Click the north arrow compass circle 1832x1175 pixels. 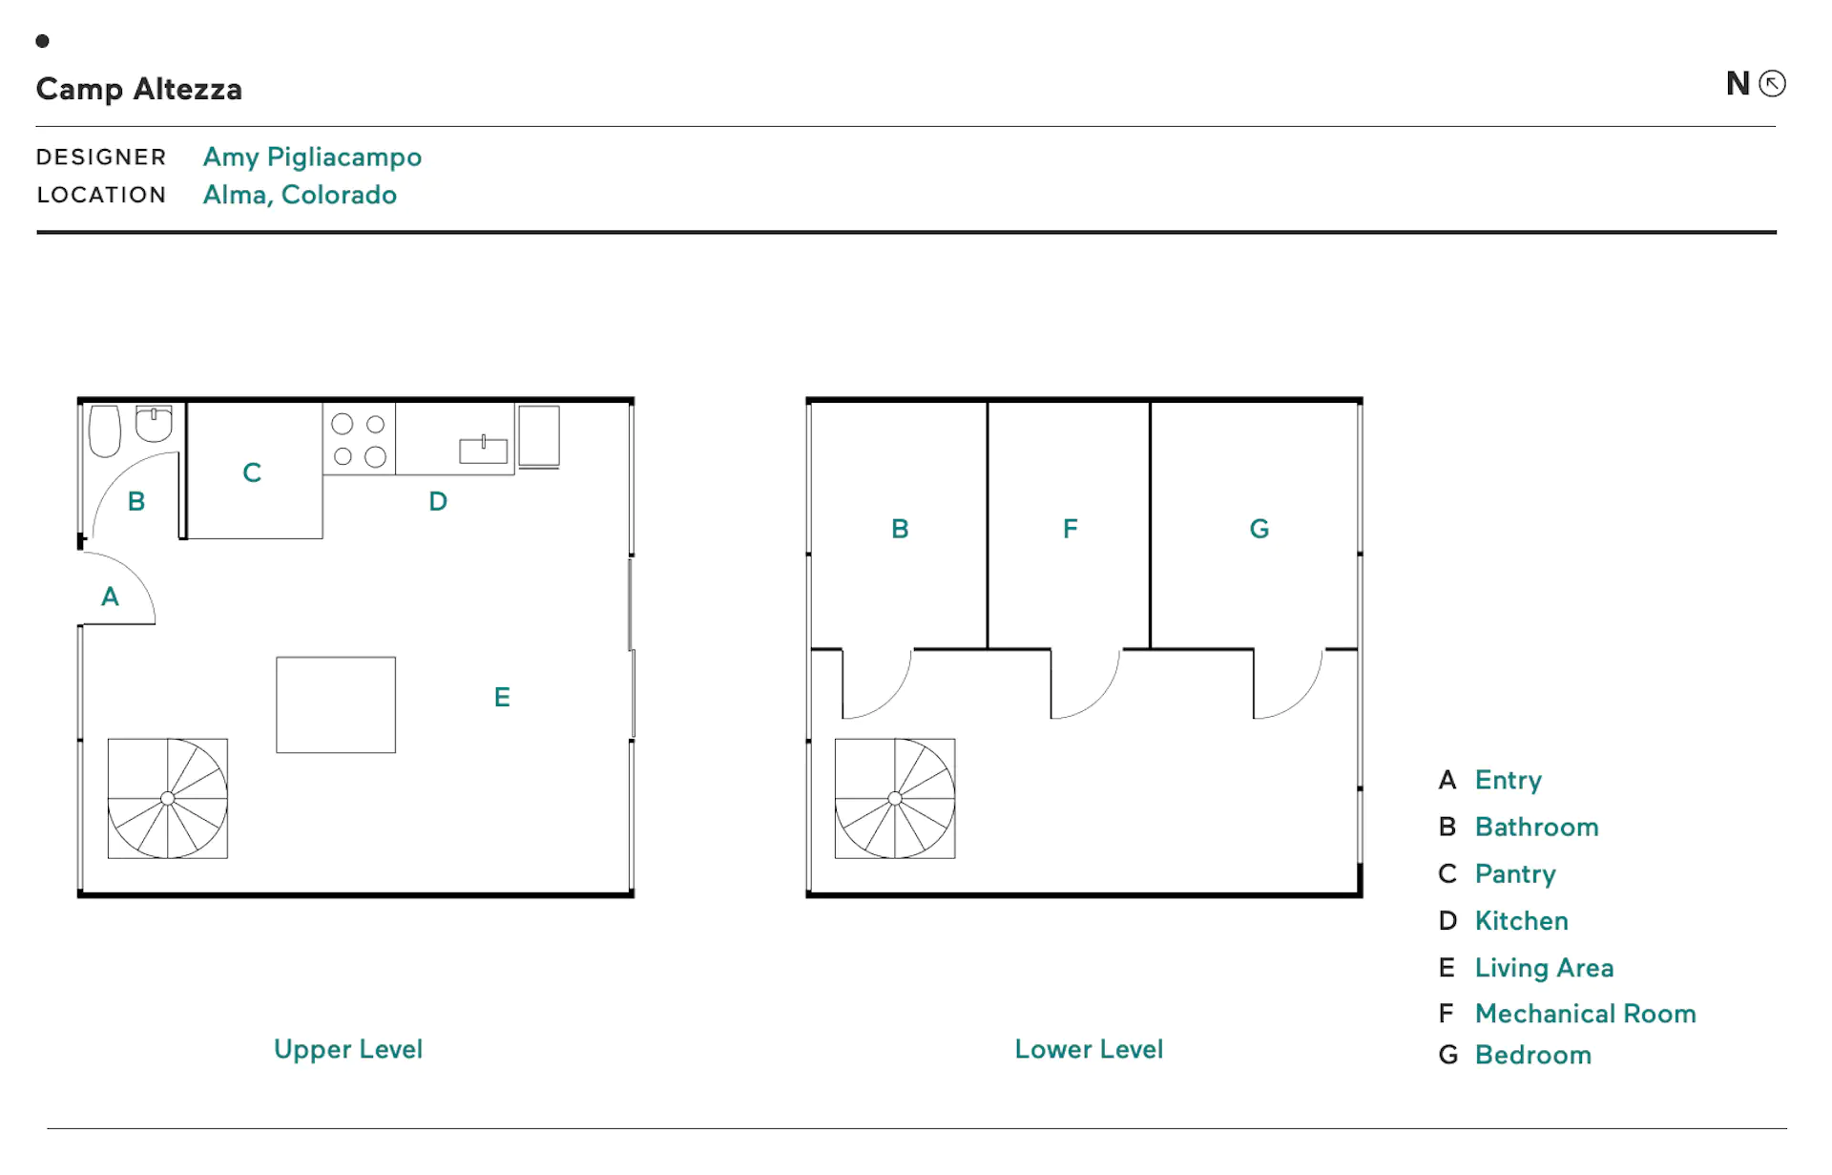tap(1772, 84)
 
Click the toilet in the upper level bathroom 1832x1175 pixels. tap(105, 431)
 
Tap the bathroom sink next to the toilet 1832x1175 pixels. tap(154, 424)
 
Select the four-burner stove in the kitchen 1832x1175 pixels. tap(359, 438)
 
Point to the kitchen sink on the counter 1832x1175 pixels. tap(484, 450)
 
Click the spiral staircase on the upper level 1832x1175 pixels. tap(168, 798)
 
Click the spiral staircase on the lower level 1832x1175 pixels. tap(895, 798)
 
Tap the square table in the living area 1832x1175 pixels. tap(336, 704)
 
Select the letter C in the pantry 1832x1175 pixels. tap(252, 472)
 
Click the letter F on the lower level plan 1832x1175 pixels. tap(1071, 529)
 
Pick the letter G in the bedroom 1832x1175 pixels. tap(1259, 529)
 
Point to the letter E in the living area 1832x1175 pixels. tap(502, 697)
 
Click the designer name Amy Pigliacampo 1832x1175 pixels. tap(312, 157)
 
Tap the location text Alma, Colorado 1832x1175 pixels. tap(300, 195)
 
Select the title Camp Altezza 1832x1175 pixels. tap(139, 89)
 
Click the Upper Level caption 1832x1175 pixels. tap(348, 1049)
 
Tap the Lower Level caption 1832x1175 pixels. tap(1089, 1049)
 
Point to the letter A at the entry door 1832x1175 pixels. tap(110, 597)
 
